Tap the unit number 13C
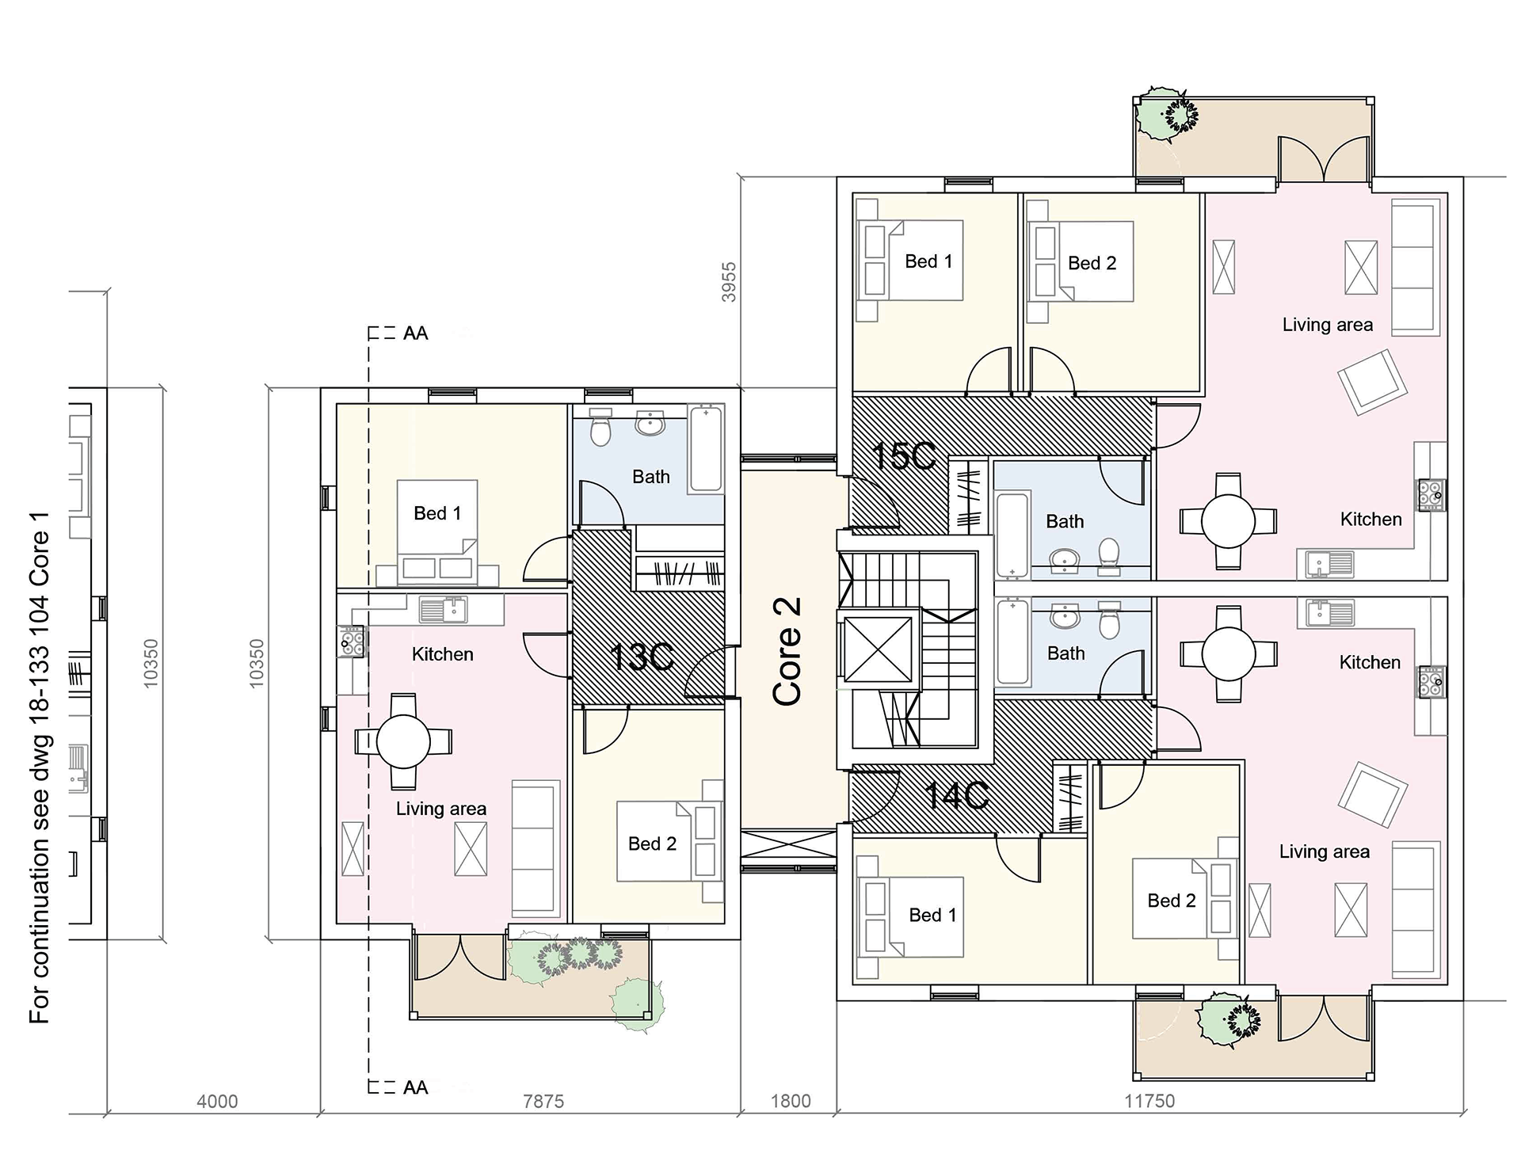point(642,657)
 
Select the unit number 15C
point(904,455)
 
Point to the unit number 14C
point(956,795)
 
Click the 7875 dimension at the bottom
point(543,1101)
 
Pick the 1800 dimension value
point(791,1101)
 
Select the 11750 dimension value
point(1149,1101)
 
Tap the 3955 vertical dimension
point(729,282)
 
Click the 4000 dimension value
point(217,1101)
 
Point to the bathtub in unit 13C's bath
point(706,448)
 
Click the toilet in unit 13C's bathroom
point(601,428)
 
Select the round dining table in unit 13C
point(403,741)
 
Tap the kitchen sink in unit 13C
point(444,610)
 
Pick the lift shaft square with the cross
point(879,649)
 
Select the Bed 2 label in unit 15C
point(1092,263)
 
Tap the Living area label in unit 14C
point(1325,851)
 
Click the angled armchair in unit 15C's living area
point(1373,383)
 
